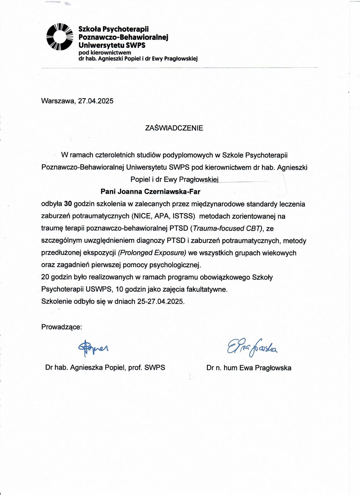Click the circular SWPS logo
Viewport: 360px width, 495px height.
pyautogui.click(x=59, y=37)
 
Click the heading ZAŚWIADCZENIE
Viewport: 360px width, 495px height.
pyautogui.click(x=174, y=128)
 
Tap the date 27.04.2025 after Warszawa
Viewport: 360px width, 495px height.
pyautogui.click(x=96, y=101)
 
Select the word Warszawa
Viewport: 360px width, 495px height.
pyautogui.click(x=58, y=101)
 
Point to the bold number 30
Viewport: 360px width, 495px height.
pyautogui.click(x=68, y=204)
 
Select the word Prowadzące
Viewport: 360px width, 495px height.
pyautogui.click(x=61, y=327)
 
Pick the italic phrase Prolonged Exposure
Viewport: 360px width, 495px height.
pyautogui.click(x=152, y=253)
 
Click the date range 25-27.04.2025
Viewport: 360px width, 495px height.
pyautogui.click(x=161, y=301)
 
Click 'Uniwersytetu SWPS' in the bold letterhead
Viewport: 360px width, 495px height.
pyautogui.click(x=112, y=45)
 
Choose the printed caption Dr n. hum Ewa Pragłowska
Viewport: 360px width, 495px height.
pyautogui.click(x=249, y=368)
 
